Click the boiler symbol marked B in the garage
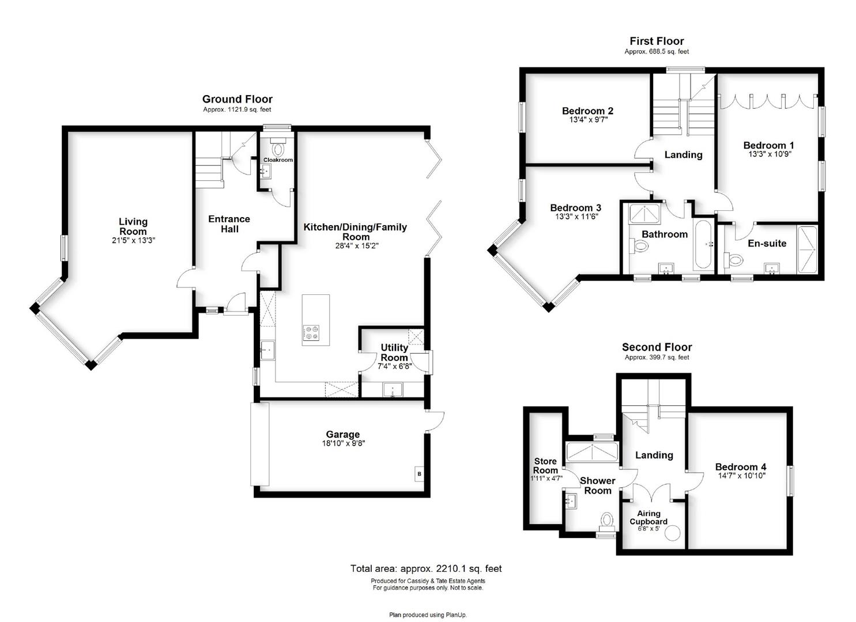[419, 474]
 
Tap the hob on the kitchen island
[311, 332]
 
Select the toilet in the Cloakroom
[278, 147]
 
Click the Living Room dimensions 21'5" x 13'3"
[133, 241]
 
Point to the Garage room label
[343, 434]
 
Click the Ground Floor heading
[237, 99]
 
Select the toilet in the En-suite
[733, 260]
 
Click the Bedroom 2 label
[588, 111]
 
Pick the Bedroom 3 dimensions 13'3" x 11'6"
[576, 217]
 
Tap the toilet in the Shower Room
[606, 522]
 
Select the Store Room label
[545, 466]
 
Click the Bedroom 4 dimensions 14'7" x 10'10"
[741, 476]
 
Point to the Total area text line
[426, 568]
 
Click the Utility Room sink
[393, 390]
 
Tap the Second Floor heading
[657, 347]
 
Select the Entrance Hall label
[229, 224]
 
